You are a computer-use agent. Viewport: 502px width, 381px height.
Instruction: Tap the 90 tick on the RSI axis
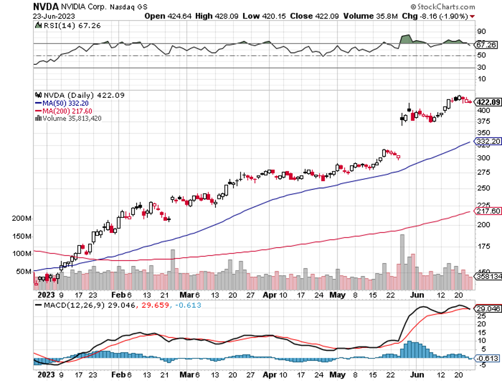tap(480, 32)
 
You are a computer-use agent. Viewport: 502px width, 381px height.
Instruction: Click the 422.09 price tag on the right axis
tap(487, 102)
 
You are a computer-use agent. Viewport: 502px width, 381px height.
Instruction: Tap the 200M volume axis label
tap(21, 218)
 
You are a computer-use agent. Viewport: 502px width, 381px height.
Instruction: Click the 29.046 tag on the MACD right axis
tap(487, 308)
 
